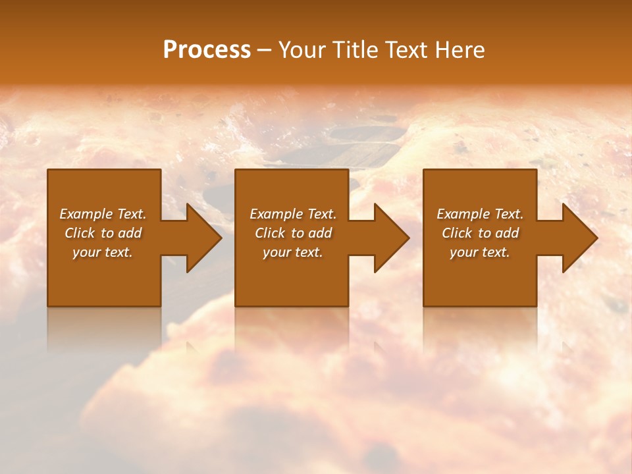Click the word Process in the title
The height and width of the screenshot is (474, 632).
pyautogui.click(x=207, y=50)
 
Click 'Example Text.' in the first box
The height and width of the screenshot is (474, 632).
pyautogui.click(x=103, y=214)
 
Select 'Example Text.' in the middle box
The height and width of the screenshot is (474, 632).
pyautogui.click(x=293, y=214)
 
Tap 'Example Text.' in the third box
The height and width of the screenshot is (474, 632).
pyautogui.click(x=480, y=214)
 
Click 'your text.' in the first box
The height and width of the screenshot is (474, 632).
pyautogui.click(x=103, y=252)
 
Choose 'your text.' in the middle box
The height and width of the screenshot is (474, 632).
pyautogui.click(x=293, y=252)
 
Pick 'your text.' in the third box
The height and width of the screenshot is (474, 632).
pyautogui.click(x=480, y=252)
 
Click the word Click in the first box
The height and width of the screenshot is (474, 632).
pyautogui.click(x=80, y=233)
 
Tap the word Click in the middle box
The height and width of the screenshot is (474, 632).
pyautogui.click(x=270, y=233)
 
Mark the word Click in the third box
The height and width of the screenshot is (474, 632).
pyautogui.click(x=457, y=233)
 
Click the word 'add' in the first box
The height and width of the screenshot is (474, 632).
pyautogui.click(x=130, y=233)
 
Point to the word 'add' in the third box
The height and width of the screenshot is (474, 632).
pyautogui.click(x=507, y=233)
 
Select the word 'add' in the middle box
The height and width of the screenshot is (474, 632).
pyautogui.click(x=320, y=233)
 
